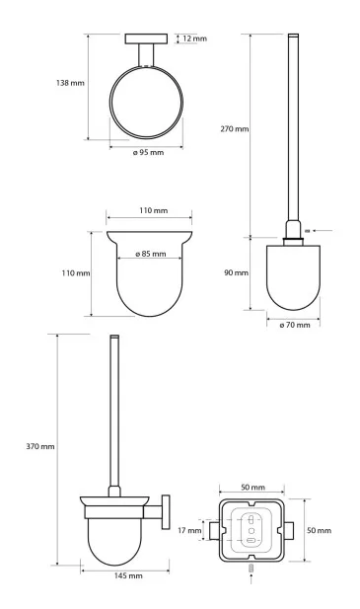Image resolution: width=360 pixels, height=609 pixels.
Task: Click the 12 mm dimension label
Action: click(x=194, y=38)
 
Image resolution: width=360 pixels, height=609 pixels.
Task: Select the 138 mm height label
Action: click(x=70, y=83)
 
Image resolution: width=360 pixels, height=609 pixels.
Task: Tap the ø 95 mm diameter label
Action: click(x=148, y=153)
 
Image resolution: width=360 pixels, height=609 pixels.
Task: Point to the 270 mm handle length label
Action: click(x=235, y=129)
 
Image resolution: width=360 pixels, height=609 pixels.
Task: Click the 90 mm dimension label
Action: click(x=236, y=272)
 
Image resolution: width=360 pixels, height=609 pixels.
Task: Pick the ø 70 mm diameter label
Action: click(x=295, y=325)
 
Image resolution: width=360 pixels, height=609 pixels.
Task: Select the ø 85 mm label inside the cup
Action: click(x=151, y=254)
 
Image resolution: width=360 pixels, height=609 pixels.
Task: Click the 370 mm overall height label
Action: click(x=40, y=447)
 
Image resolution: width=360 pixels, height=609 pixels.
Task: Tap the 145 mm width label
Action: click(x=128, y=575)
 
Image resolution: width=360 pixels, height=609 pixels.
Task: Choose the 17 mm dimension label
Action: click(x=189, y=530)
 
